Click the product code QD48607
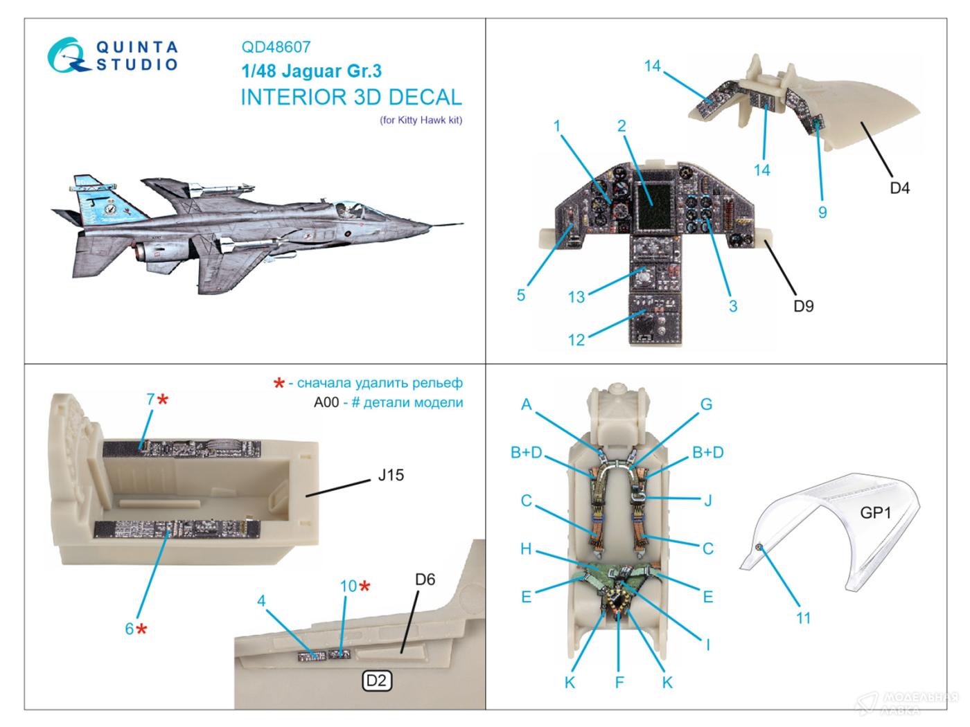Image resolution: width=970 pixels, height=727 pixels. (x=276, y=47)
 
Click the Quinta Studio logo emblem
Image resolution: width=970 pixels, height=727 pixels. (x=69, y=55)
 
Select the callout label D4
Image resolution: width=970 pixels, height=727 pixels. (x=899, y=187)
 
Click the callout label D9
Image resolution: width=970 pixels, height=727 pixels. (x=803, y=305)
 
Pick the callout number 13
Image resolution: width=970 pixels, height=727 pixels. (x=576, y=296)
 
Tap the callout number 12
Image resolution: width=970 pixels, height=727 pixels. (x=576, y=339)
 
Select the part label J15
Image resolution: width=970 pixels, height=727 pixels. (x=391, y=476)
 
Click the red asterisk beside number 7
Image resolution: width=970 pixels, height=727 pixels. (x=163, y=400)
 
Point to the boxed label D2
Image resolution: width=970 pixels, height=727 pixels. (x=376, y=681)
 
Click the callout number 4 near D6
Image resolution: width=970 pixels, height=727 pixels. (x=261, y=600)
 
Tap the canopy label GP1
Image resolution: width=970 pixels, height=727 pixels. (x=876, y=512)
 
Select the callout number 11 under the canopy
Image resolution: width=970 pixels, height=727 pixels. (x=802, y=617)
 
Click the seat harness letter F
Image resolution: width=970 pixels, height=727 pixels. (x=619, y=682)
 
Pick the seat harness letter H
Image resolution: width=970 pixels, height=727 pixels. (x=526, y=549)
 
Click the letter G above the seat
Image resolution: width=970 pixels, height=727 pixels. (x=706, y=404)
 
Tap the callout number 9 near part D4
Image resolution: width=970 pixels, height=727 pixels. (x=822, y=212)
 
